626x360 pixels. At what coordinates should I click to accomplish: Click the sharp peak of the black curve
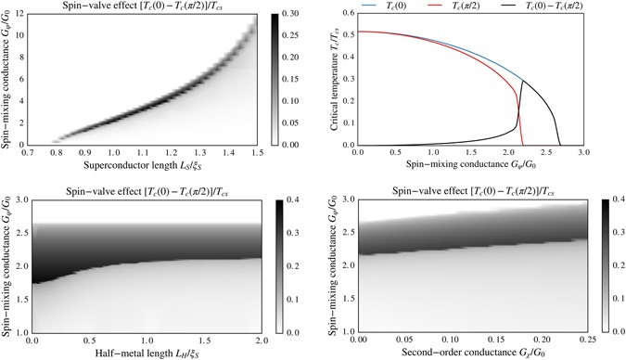click(522, 81)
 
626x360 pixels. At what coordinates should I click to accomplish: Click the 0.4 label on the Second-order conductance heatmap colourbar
click(616, 199)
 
